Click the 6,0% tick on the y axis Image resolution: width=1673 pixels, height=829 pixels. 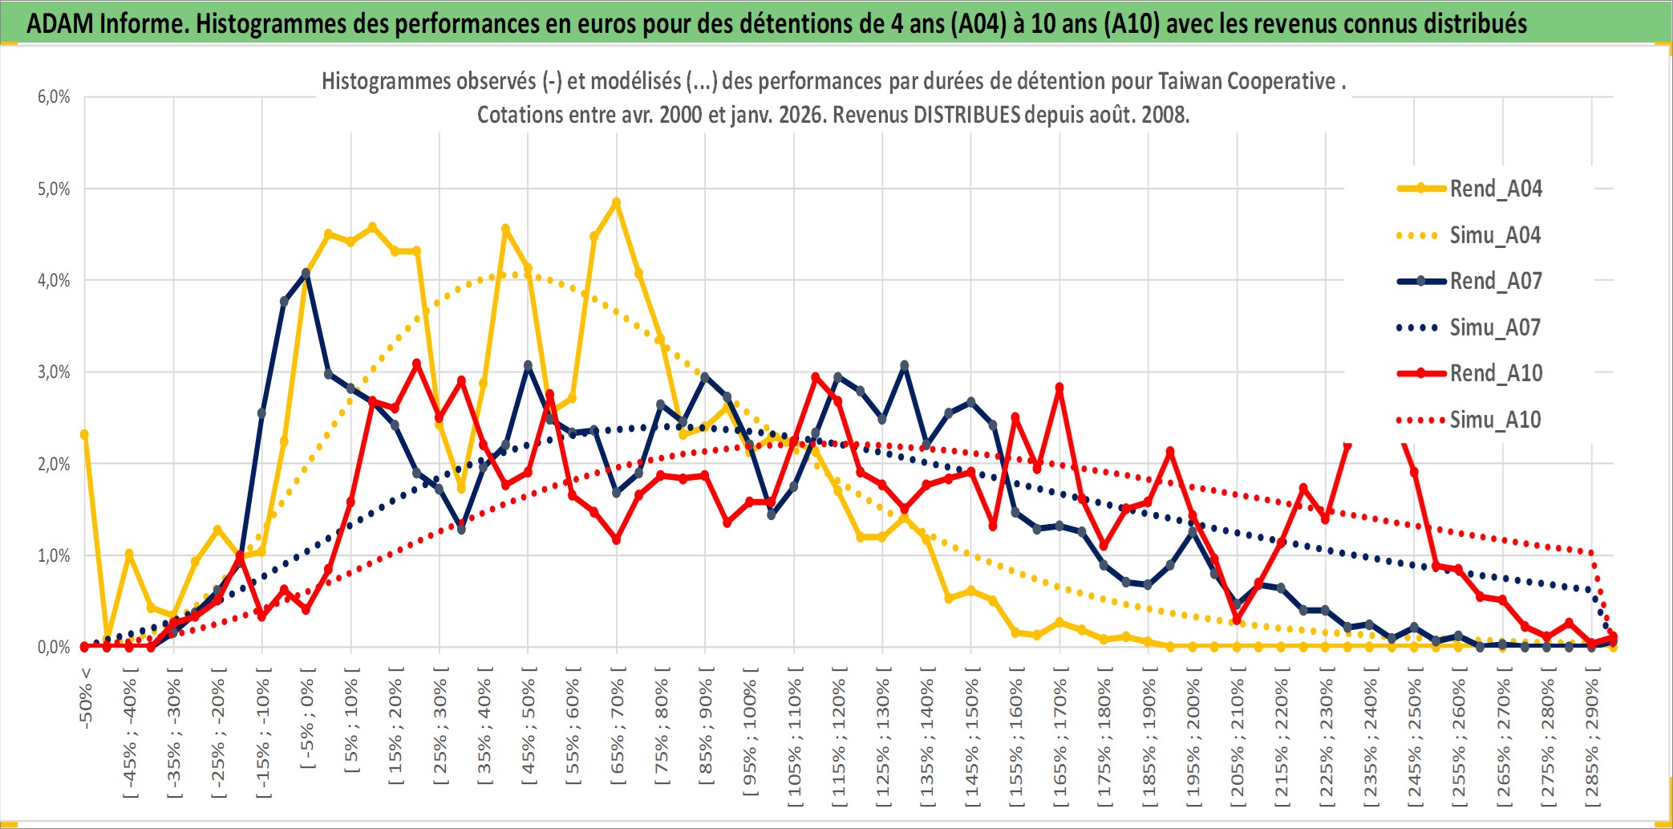54,97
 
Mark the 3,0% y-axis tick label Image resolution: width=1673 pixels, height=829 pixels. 54,372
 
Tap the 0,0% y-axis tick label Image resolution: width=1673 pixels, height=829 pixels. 54,648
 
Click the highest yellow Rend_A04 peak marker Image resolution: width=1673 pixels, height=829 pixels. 616,203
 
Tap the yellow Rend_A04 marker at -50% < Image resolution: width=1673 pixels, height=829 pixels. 84,434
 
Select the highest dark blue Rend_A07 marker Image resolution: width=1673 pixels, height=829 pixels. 306,274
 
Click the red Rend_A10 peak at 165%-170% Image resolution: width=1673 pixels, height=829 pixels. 1059,388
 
